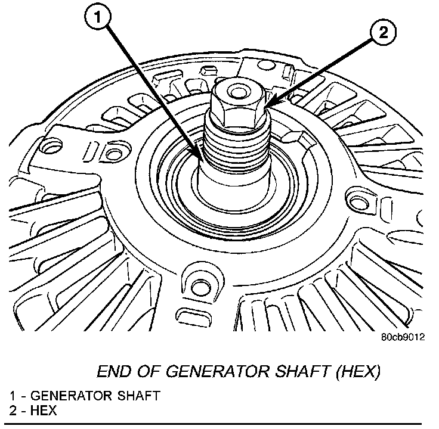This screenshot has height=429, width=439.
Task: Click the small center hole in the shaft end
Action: pyautogui.click(x=237, y=92)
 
